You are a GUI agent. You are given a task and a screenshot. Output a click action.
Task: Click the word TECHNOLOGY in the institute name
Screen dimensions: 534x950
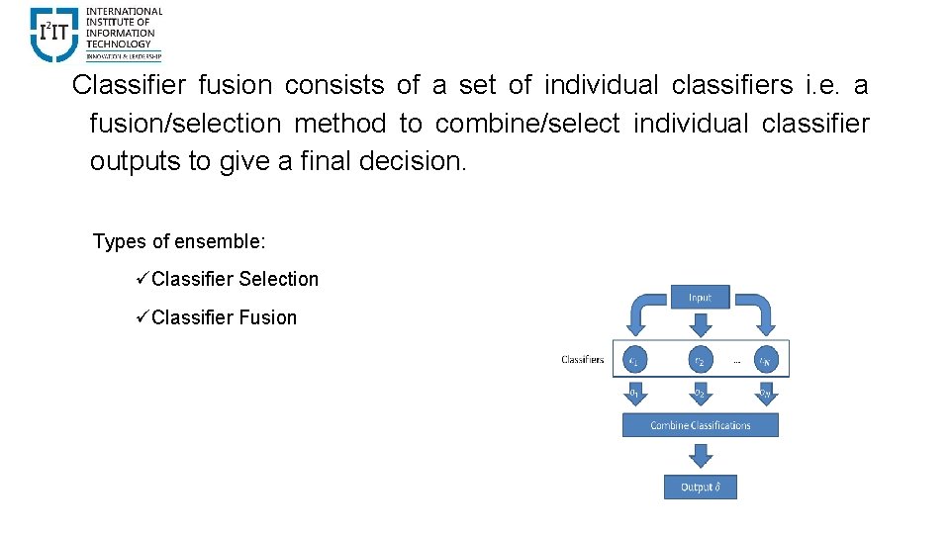(119, 44)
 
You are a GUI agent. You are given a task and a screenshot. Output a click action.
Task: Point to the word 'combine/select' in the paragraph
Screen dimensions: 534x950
(527, 124)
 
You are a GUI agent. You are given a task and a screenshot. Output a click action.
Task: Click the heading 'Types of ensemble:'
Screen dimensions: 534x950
(179, 241)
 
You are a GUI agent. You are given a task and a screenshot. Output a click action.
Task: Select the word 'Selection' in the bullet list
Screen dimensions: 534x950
(278, 280)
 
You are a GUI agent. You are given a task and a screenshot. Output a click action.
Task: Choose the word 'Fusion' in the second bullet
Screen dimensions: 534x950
(266, 317)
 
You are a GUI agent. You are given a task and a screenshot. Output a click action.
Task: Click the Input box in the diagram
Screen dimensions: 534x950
(700, 297)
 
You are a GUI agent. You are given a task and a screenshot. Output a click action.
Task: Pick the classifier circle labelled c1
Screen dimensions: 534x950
(634, 361)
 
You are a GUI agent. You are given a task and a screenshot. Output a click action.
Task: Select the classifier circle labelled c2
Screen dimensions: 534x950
(700, 361)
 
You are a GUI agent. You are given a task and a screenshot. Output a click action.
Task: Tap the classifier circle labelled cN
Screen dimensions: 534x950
(766, 361)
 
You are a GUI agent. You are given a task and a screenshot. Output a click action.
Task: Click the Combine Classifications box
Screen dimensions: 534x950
(700, 425)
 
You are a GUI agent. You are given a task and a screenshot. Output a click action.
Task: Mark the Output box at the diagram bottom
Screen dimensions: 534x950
(700, 487)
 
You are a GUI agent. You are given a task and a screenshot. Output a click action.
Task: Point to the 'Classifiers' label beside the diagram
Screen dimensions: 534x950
(582, 360)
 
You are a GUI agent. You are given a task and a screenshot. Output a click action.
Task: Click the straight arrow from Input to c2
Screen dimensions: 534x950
(700, 324)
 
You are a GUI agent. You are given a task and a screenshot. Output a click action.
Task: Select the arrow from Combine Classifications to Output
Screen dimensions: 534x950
(700, 456)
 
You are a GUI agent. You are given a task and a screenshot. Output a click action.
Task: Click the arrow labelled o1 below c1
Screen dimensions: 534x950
(634, 395)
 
